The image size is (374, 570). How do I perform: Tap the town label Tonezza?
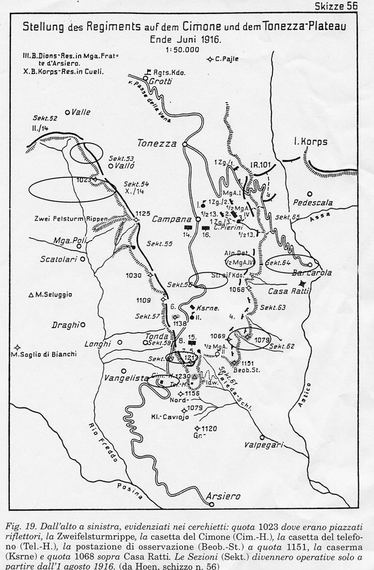click(157, 143)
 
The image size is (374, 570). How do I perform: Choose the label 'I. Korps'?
click(310, 142)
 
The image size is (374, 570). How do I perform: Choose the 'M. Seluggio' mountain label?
click(54, 294)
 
